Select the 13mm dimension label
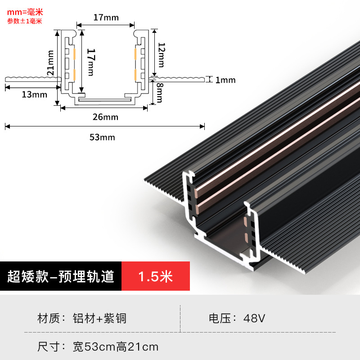(34, 94)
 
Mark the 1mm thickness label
(225, 80)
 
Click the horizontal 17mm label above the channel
(106, 18)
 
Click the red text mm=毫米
(25, 12)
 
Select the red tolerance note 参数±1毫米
(25, 21)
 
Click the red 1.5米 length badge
(155, 276)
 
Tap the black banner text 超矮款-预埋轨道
(61, 276)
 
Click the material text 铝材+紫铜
(99, 319)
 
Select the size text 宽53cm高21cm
(116, 347)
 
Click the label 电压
(220, 319)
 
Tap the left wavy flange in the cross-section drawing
(31, 79)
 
